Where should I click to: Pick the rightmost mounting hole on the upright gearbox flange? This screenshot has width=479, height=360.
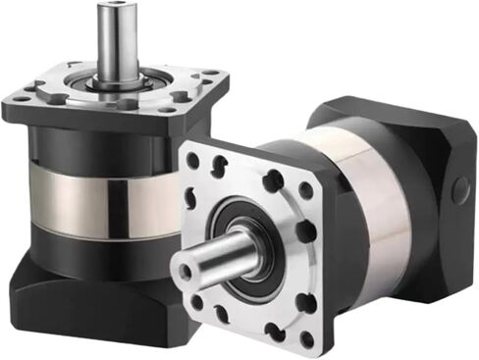coord(209,77)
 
